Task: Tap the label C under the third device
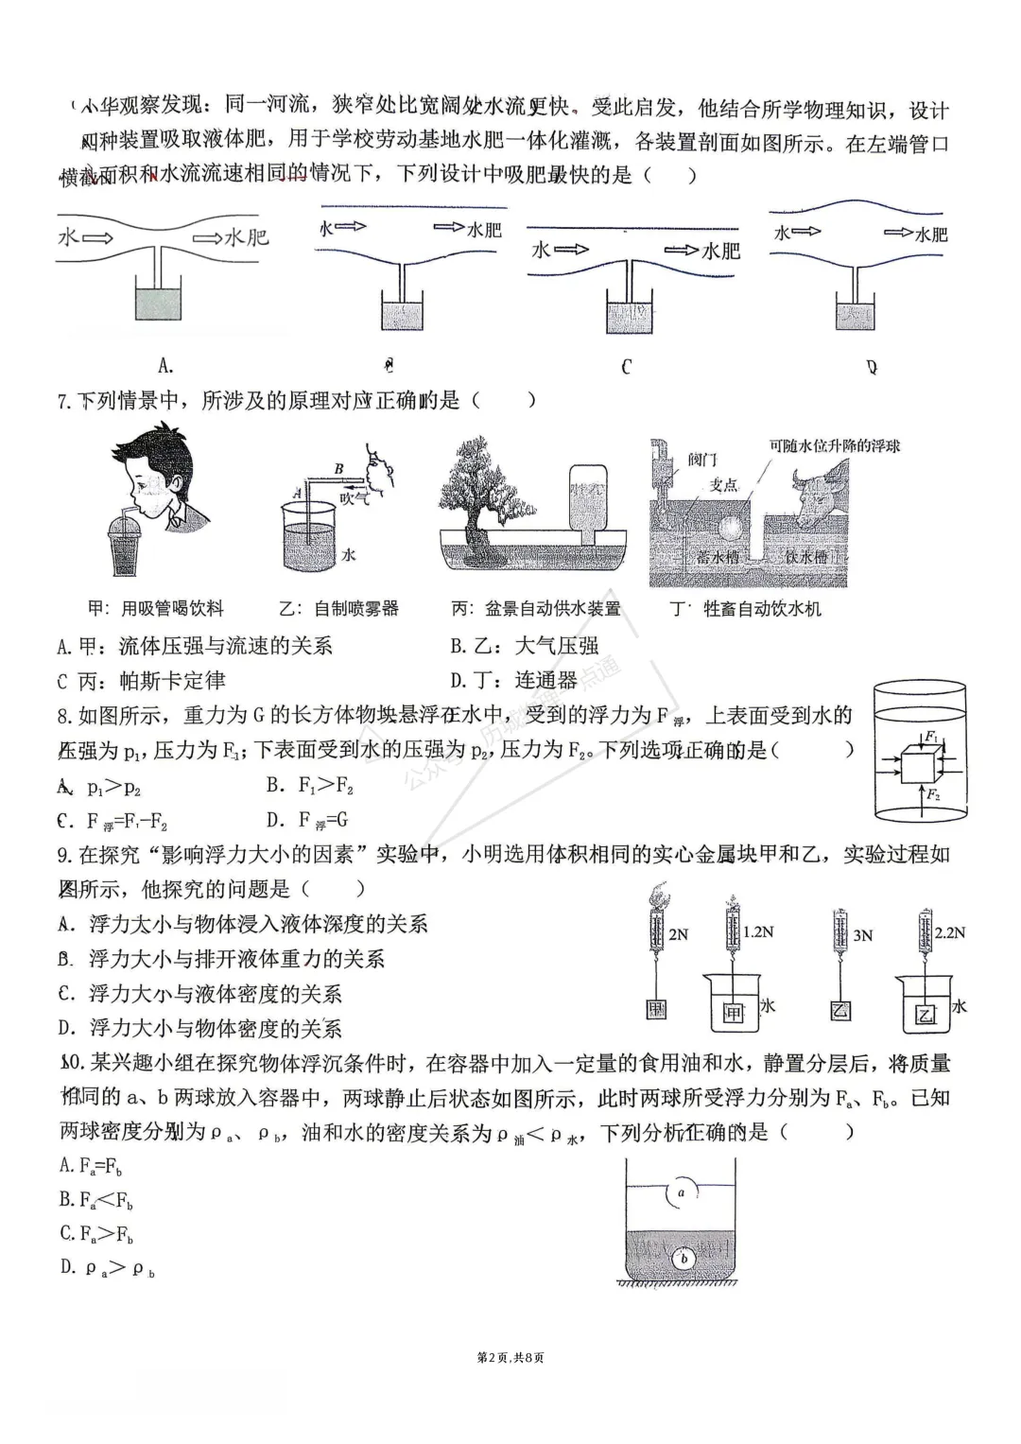(x=626, y=367)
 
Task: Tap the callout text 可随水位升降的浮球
(x=834, y=445)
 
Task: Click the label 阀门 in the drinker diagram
(x=701, y=461)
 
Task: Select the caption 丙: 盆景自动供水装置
(x=536, y=609)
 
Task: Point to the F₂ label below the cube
(x=933, y=795)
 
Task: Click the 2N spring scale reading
(x=678, y=934)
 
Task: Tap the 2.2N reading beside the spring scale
(x=949, y=932)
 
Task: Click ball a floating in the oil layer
(x=682, y=1192)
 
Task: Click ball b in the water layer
(x=684, y=1259)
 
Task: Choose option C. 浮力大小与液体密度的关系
(x=199, y=994)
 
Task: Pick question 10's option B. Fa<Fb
(x=95, y=1200)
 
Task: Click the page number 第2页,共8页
(x=510, y=1358)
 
